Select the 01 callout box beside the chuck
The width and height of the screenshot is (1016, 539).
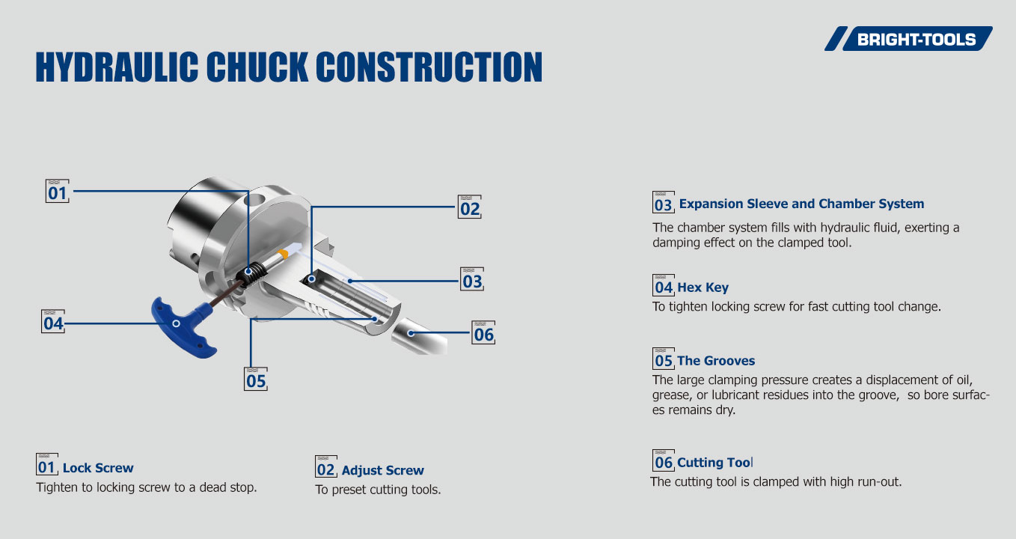click(x=57, y=192)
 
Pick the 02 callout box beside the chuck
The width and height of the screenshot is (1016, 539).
click(x=469, y=207)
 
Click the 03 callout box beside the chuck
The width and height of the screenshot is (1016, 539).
click(x=472, y=280)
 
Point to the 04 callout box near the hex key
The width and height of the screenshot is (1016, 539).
click(x=52, y=323)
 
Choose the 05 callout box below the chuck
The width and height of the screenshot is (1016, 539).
click(x=256, y=380)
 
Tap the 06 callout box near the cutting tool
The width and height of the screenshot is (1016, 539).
click(x=483, y=333)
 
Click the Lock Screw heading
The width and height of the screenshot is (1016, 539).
click(x=98, y=468)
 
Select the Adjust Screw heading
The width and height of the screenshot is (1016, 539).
click(x=382, y=470)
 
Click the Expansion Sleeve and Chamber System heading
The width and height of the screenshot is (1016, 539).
click(x=801, y=204)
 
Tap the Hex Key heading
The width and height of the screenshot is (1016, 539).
click(x=703, y=287)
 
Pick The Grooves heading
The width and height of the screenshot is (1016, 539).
click(x=716, y=361)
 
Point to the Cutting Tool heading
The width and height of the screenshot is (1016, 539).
click(x=715, y=462)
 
